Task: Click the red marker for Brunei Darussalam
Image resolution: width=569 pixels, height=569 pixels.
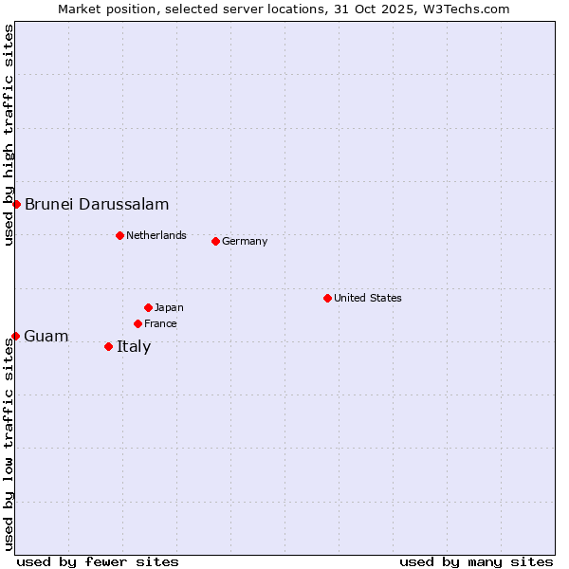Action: pos(16,204)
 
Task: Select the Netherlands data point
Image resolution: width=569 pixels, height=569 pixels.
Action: pos(119,235)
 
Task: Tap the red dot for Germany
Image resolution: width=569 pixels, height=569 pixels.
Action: pos(215,241)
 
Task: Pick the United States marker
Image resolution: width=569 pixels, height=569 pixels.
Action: pos(327,298)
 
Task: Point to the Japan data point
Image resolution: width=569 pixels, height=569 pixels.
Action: pos(148,307)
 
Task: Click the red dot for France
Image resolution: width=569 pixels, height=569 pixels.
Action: pos(138,323)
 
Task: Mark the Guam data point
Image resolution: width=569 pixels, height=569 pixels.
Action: pos(15,336)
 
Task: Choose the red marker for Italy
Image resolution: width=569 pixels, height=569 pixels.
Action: pos(108,346)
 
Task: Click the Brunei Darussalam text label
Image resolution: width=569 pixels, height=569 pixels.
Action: pos(97,204)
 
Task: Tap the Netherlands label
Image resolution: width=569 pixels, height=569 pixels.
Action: pos(156,235)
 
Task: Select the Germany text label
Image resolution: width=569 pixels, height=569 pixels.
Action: pos(245,241)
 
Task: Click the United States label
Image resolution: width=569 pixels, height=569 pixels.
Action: pos(368,298)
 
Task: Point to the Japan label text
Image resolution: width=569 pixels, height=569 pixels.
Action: pos(169,307)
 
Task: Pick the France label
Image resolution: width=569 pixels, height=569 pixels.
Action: pos(160,323)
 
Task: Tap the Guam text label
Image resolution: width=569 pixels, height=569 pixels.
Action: pos(46,336)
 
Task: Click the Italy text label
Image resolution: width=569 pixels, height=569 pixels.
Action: pos(134,346)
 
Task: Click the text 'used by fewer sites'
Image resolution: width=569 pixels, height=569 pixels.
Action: pos(98,561)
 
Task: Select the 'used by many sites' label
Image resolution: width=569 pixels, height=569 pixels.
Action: pos(476,561)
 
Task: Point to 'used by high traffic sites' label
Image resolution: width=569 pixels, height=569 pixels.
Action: pos(9,135)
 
